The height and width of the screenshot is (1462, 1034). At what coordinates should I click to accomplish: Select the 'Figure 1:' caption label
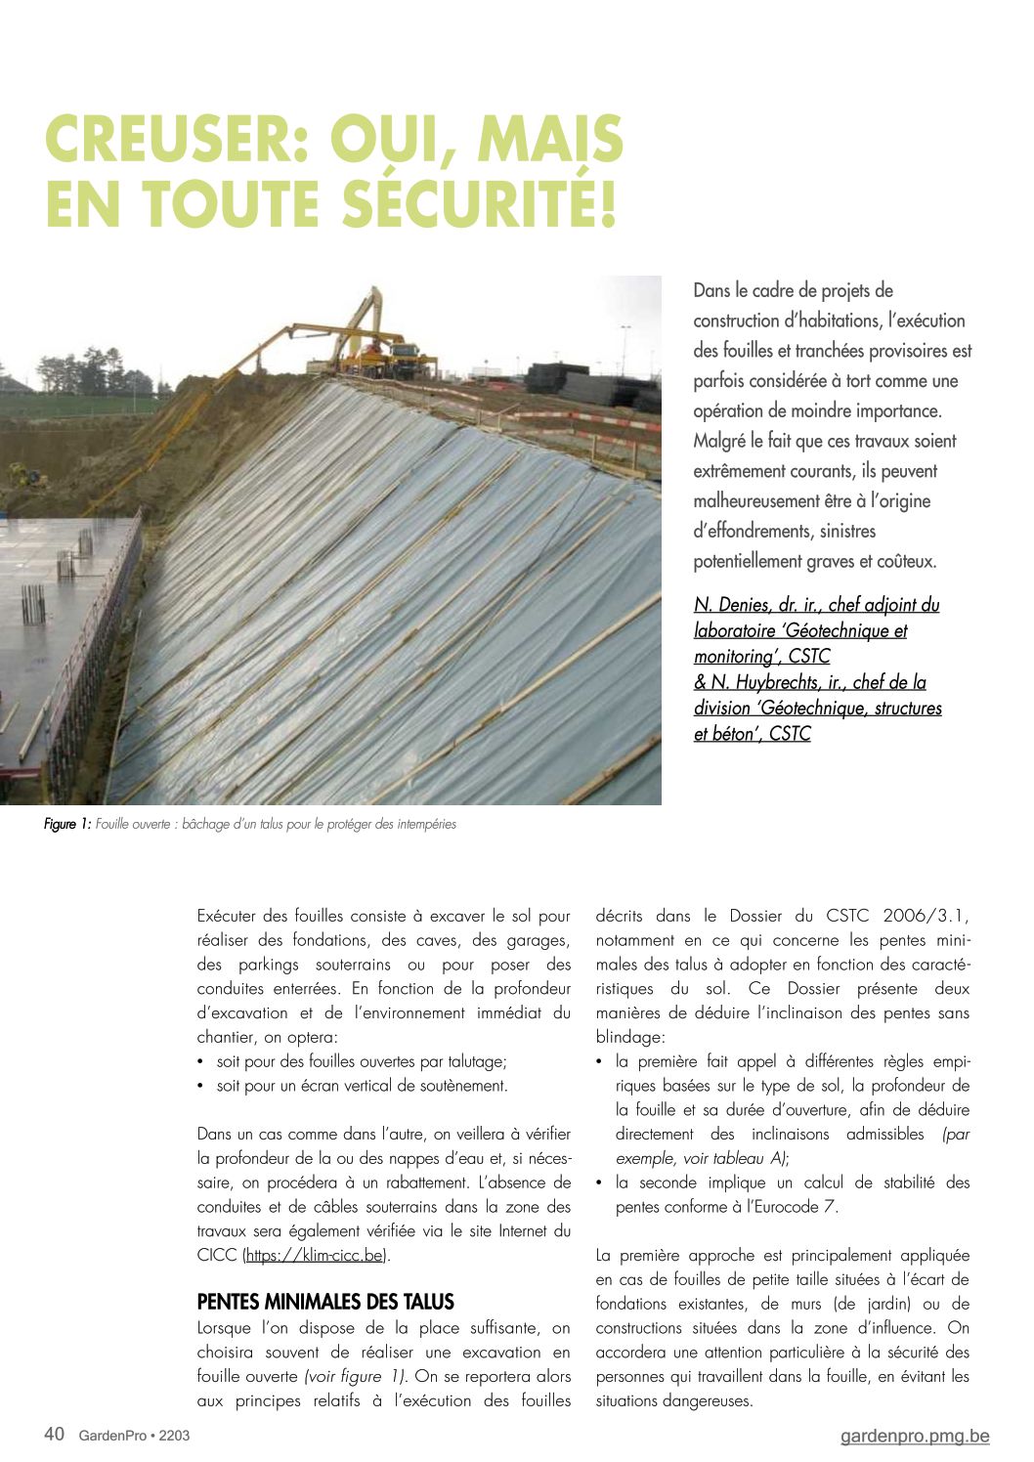point(67,825)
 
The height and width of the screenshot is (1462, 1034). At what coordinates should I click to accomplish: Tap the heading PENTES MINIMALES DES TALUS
point(325,1303)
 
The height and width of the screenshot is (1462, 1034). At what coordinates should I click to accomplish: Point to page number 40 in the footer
point(55,1435)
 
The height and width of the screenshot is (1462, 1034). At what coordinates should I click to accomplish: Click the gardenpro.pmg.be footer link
point(915,1437)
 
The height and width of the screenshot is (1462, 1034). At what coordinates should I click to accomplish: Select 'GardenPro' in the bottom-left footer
point(112,1436)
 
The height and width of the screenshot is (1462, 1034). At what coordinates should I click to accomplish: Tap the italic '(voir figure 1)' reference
point(356,1377)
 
